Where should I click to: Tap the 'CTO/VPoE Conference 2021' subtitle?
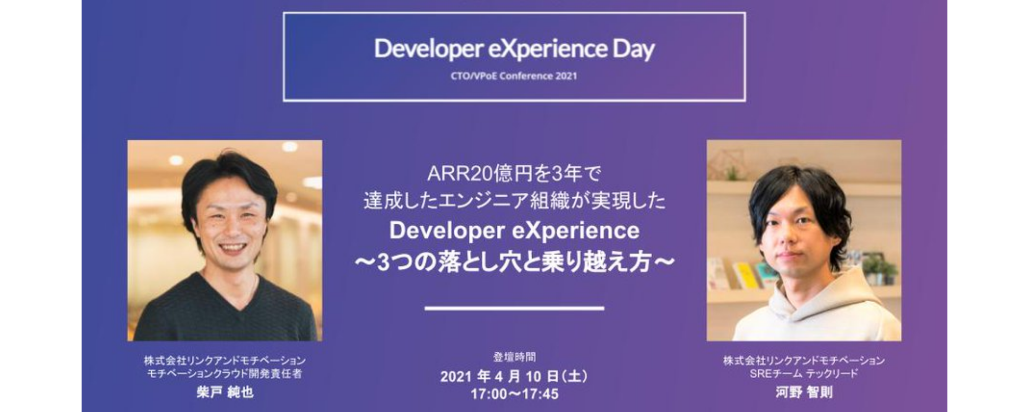coord(514,76)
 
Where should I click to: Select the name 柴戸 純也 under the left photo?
coord(225,392)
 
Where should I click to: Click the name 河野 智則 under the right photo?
coord(804,392)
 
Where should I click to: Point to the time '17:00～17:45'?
coord(514,394)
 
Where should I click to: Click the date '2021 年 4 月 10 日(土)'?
coord(514,376)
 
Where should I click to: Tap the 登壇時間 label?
coord(514,357)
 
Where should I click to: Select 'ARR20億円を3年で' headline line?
coord(514,174)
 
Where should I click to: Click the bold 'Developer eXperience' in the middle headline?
coord(514,231)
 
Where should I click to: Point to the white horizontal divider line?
coord(514,308)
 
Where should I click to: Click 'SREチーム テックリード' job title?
coord(804,374)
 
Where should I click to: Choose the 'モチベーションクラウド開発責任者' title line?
coord(225,374)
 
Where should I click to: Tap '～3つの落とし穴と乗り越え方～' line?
coord(514,262)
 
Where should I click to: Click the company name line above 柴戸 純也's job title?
coord(225,360)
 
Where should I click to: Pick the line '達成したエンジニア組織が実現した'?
coord(514,201)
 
